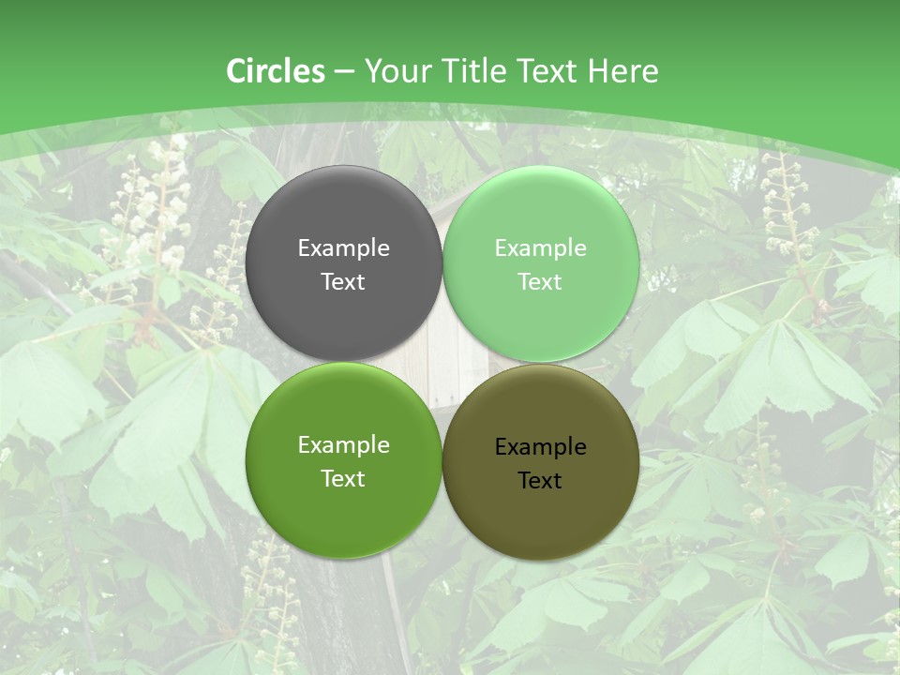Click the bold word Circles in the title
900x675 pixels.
(x=276, y=71)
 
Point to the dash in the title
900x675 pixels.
(x=345, y=72)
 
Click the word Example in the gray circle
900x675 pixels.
(x=343, y=247)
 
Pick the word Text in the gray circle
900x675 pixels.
(x=343, y=281)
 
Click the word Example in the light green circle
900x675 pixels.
(x=541, y=247)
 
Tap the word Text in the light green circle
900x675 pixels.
(x=541, y=281)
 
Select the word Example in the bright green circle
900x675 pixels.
(x=343, y=445)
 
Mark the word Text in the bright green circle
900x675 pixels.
(x=343, y=478)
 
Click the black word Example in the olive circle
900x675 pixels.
(x=541, y=447)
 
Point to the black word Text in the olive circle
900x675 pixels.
(x=541, y=481)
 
